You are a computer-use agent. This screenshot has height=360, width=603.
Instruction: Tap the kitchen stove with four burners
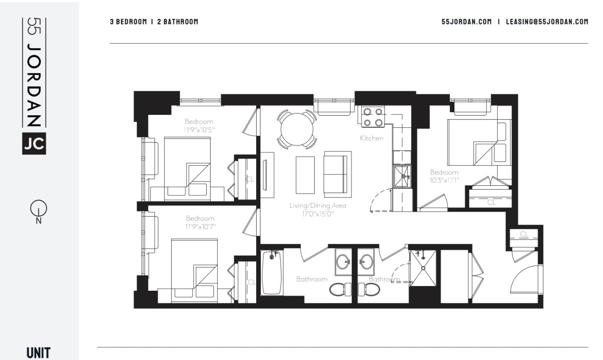tap(373, 117)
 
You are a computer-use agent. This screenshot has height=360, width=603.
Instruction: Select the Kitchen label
tap(371, 138)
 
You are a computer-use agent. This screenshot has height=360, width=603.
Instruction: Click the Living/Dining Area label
tap(318, 206)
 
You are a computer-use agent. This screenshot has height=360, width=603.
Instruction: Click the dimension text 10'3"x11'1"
tap(444, 180)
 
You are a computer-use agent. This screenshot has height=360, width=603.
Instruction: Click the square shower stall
tap(422, 268)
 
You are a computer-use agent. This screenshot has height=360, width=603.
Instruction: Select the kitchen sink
tap(402, 176)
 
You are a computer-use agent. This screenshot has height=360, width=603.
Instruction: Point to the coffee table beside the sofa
tap(305, 175)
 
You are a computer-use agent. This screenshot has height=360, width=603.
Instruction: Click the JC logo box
tap(34, 145)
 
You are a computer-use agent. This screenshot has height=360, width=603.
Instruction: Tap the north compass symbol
tap(37, 209)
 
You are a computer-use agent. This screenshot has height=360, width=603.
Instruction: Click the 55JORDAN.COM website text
tap(466, 22)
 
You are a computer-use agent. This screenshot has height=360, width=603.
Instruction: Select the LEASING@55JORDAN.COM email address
tap(547, 22)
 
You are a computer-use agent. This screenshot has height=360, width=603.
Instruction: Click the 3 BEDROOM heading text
tap(128, 22)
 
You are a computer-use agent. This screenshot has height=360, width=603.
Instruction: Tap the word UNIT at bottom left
tap(38, 353)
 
